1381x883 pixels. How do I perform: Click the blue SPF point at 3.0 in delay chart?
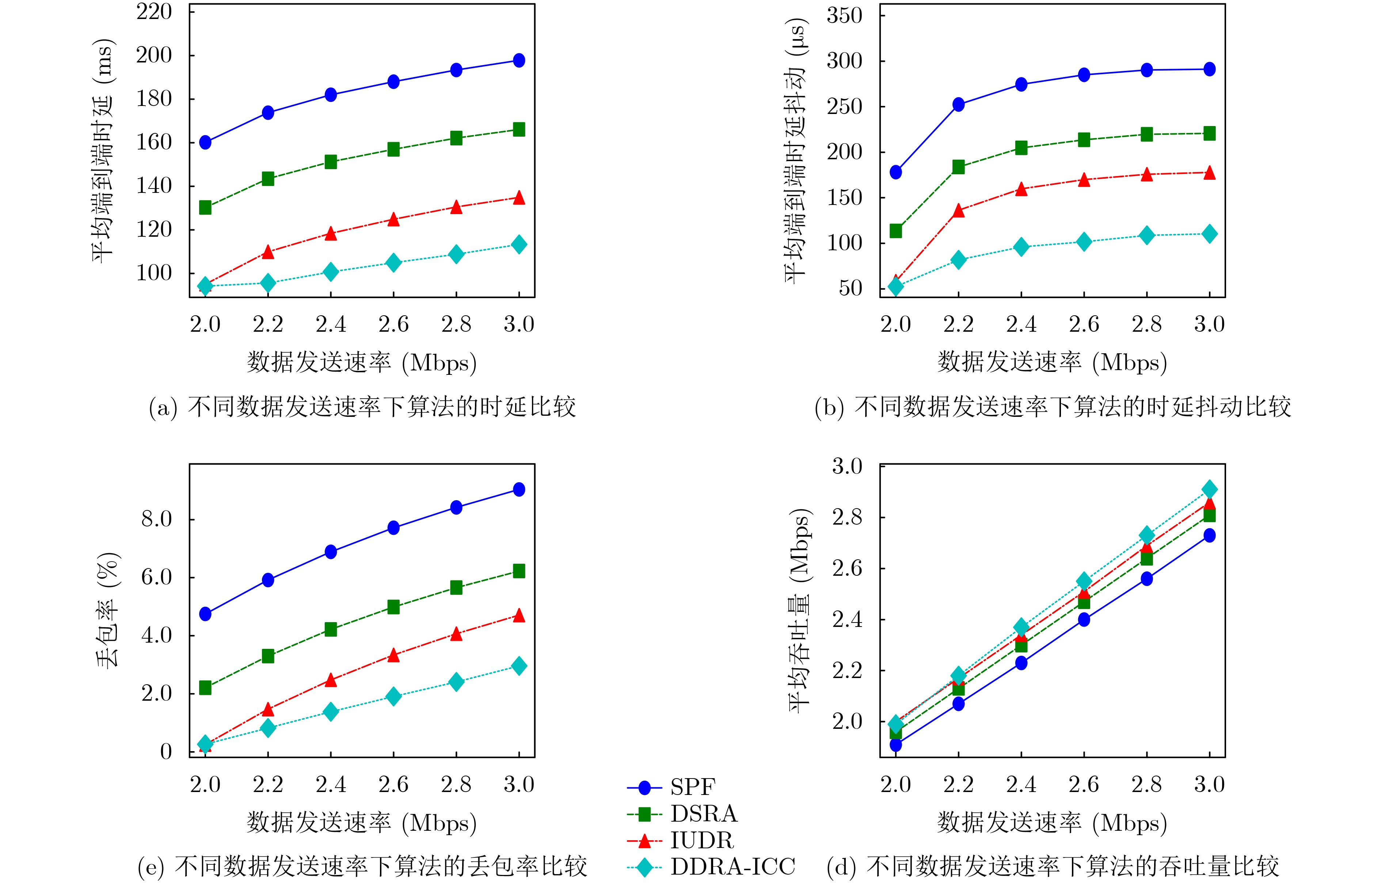pos(519,60)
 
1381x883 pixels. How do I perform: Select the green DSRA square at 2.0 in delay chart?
pos(205,208)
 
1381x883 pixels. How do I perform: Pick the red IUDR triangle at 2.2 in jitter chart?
pos(958,210)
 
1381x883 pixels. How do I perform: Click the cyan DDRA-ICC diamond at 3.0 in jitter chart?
pos(1210,234)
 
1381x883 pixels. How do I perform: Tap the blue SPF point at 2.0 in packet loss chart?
pos(205,614)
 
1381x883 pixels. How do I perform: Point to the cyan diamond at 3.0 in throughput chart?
pos(1210,490)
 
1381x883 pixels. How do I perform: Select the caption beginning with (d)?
pos(1053,866)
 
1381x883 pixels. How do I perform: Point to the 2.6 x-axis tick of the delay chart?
pos(393,324)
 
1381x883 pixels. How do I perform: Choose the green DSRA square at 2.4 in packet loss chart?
pos(331,629)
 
